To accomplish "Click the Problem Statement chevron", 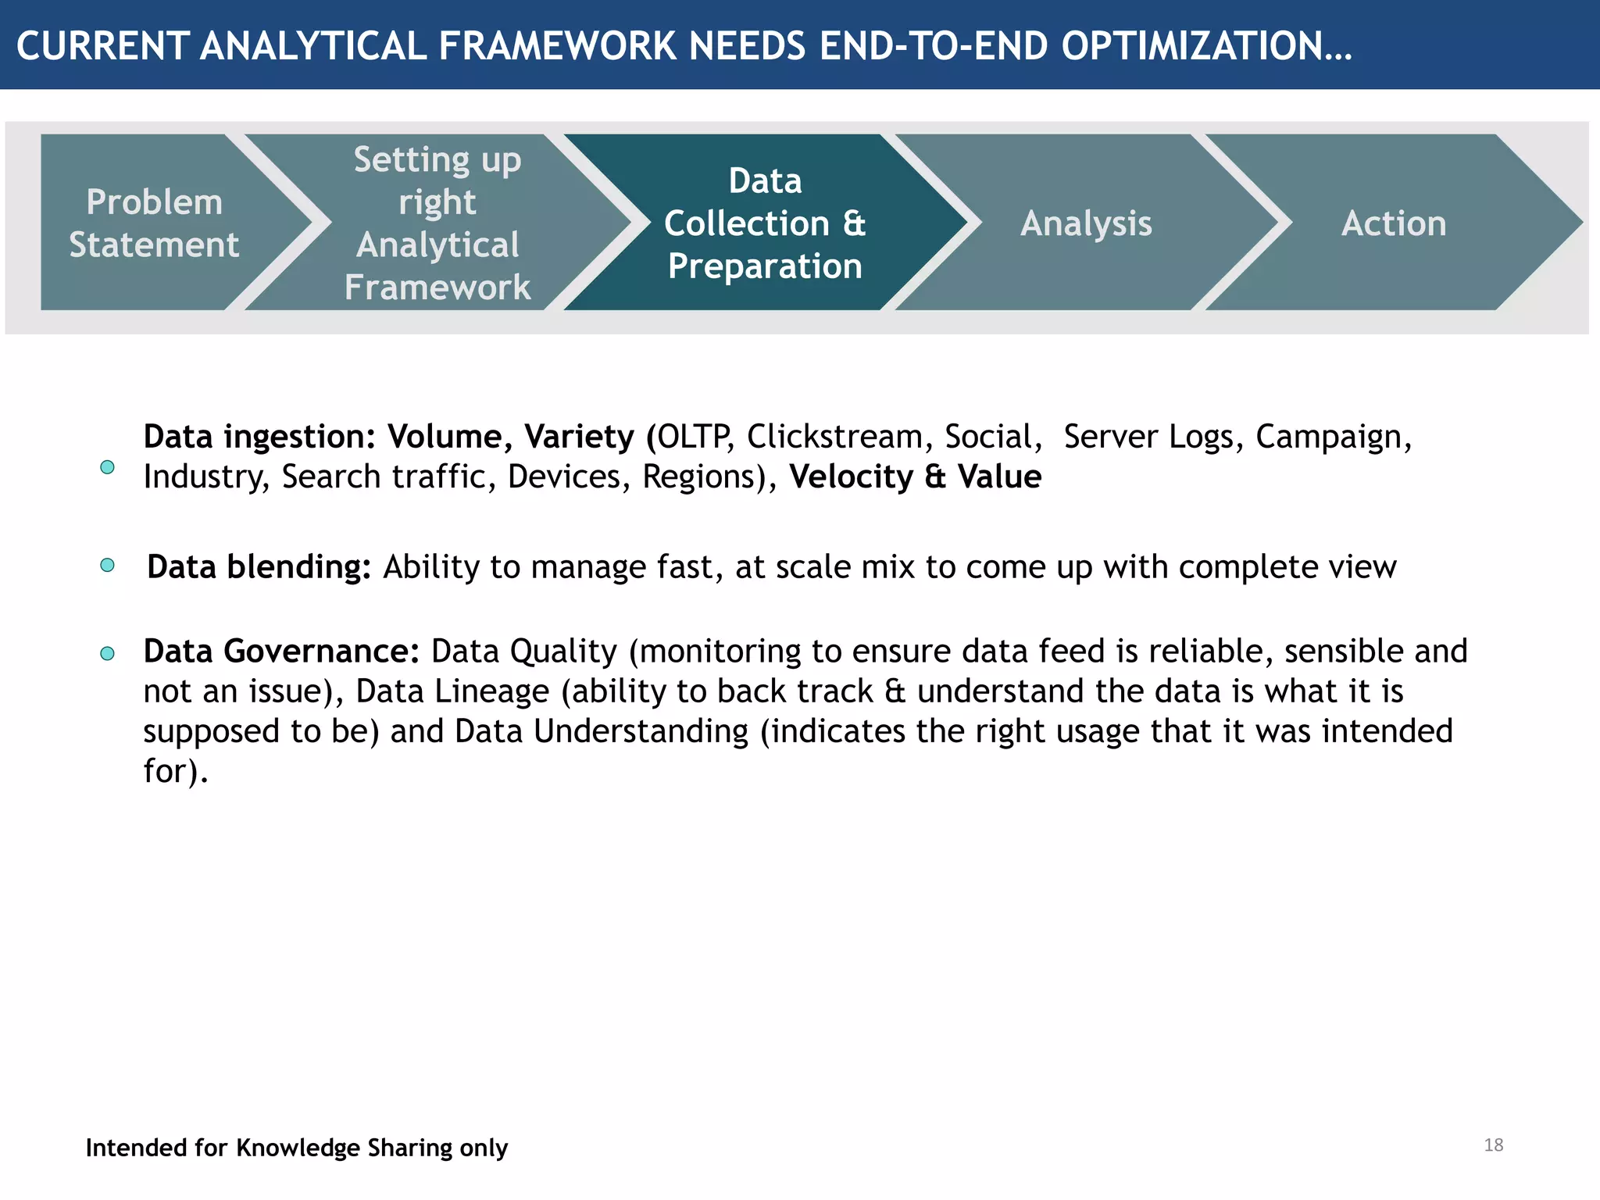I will [154, 223].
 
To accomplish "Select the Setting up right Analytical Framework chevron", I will [437, 223].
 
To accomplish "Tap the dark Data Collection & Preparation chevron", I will [764, 223].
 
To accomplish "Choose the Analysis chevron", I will [1085, 223].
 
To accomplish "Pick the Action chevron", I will [1393, 223].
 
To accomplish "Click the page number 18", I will [1493, 1145].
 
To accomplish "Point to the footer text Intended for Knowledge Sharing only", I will [296, 1148].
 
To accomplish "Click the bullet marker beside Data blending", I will [108, 566].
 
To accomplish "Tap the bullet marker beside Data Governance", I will [108, 653].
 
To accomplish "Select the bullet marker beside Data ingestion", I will [108, 467].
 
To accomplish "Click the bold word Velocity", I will [851, 477].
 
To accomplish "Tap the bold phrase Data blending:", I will [259, 567].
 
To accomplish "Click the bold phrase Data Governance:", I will [281, 652].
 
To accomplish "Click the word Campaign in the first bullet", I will [1333, 437].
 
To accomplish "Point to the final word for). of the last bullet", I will [176, 771].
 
